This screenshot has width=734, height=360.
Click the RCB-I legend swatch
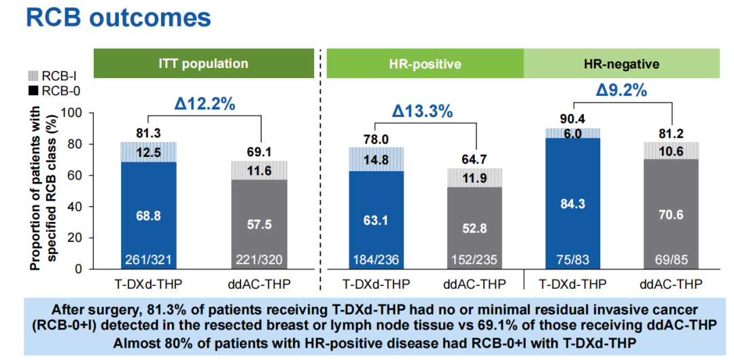31,76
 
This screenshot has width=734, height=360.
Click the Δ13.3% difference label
421,111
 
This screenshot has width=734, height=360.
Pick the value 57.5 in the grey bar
259,224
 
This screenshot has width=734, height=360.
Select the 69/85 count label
671,259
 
